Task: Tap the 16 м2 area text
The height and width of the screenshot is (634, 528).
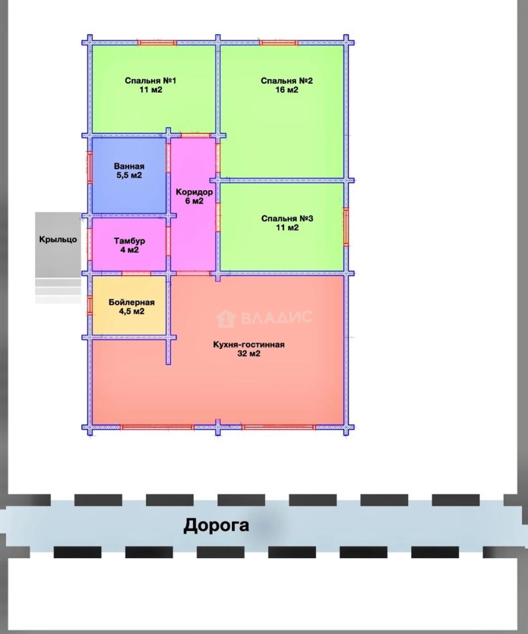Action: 287,90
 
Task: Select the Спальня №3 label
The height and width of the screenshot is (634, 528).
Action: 287,219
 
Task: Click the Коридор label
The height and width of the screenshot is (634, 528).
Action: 194,192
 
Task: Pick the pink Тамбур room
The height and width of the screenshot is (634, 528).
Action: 129,245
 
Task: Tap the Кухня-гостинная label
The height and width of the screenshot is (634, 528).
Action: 248,345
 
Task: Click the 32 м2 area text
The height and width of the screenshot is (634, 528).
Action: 248,354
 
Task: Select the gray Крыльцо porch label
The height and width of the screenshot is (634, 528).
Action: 58,240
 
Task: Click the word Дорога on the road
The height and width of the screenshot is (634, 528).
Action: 216,525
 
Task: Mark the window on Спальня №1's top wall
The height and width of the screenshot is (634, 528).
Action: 157,42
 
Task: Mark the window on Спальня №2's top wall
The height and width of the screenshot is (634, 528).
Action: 279,42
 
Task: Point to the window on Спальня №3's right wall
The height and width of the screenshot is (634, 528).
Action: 346,227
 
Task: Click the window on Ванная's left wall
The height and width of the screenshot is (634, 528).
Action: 90,167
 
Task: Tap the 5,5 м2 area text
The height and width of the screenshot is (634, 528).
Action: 129,176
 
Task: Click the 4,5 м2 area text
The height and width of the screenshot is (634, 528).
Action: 130,312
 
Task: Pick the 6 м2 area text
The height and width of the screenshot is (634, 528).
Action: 194,201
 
